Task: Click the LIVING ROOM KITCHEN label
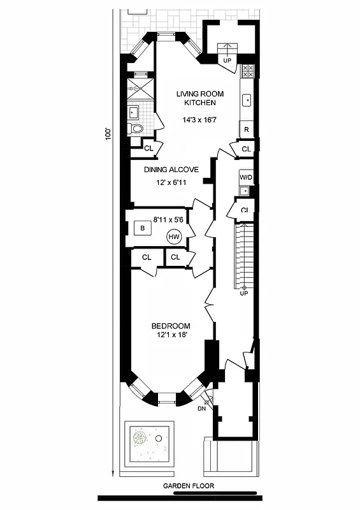coord(200,98)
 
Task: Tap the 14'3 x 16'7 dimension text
coord(200,120)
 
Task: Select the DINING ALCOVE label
coord(171,170)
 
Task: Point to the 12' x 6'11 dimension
coord(174,182)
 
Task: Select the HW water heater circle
coord(174,237)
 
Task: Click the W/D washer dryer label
coord(246,177)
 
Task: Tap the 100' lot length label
coord(109,136)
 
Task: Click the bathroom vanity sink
coord(134,113)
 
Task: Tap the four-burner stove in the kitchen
coord(248,71)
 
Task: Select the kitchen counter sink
coord(247,99)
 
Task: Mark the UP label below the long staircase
coord(243,293)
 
